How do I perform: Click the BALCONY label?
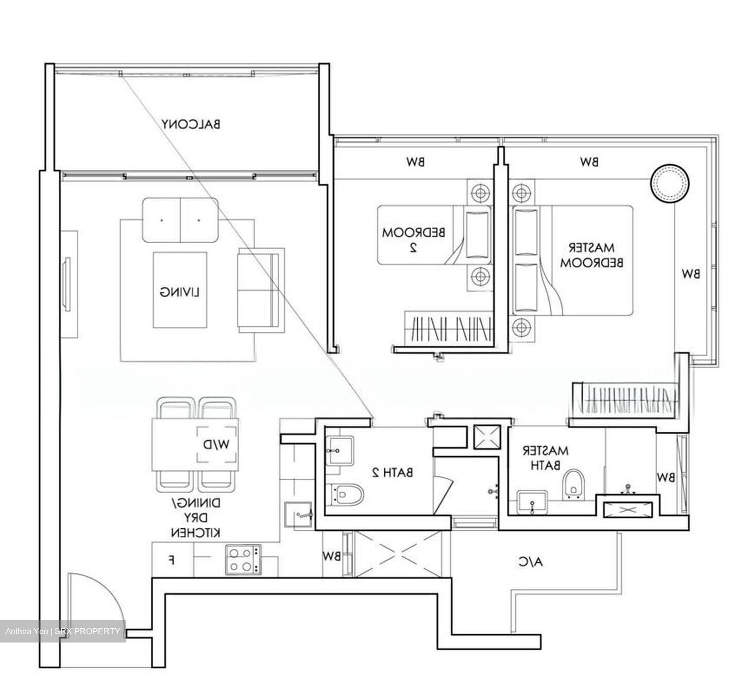coord(191,124)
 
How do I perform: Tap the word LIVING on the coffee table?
coord(179,292)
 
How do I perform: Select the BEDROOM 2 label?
coord(414,239)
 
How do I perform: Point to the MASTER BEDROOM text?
coord(592,255)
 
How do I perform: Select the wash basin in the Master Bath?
coord(532,502)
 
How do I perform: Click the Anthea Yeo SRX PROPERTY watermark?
coord(63,631)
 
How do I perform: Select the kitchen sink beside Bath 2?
coord(298,515)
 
